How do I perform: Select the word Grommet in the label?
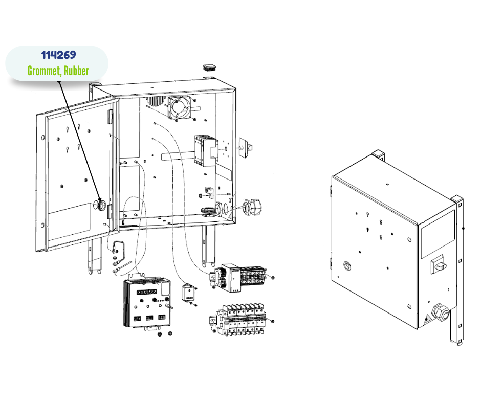[44, 71]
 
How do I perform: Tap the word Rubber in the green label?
[76, 71]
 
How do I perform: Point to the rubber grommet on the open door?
[101, 205]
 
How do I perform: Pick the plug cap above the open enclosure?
[209, 68]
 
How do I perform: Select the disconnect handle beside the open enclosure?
[246, 146]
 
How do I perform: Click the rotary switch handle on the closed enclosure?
[439, 265]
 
